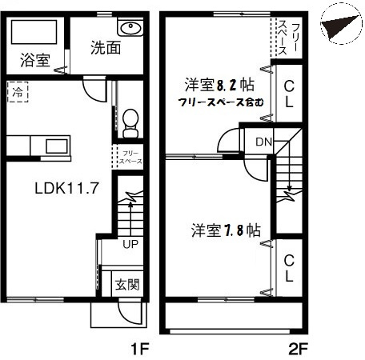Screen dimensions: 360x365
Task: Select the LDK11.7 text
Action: pyautogui.click(x=66, y=190)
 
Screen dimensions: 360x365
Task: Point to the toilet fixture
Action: pyautogui.click(x=130, y=121)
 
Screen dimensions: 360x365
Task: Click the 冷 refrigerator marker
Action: pyautogui.click(x=17, y=92)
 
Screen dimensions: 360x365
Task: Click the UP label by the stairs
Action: pyautogui.click(x=128, y=243)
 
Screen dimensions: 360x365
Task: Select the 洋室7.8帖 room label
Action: pyautogui.click(x=225, y=230)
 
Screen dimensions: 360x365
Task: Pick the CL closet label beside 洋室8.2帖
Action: pyautogui.click(x=289, y=94)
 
